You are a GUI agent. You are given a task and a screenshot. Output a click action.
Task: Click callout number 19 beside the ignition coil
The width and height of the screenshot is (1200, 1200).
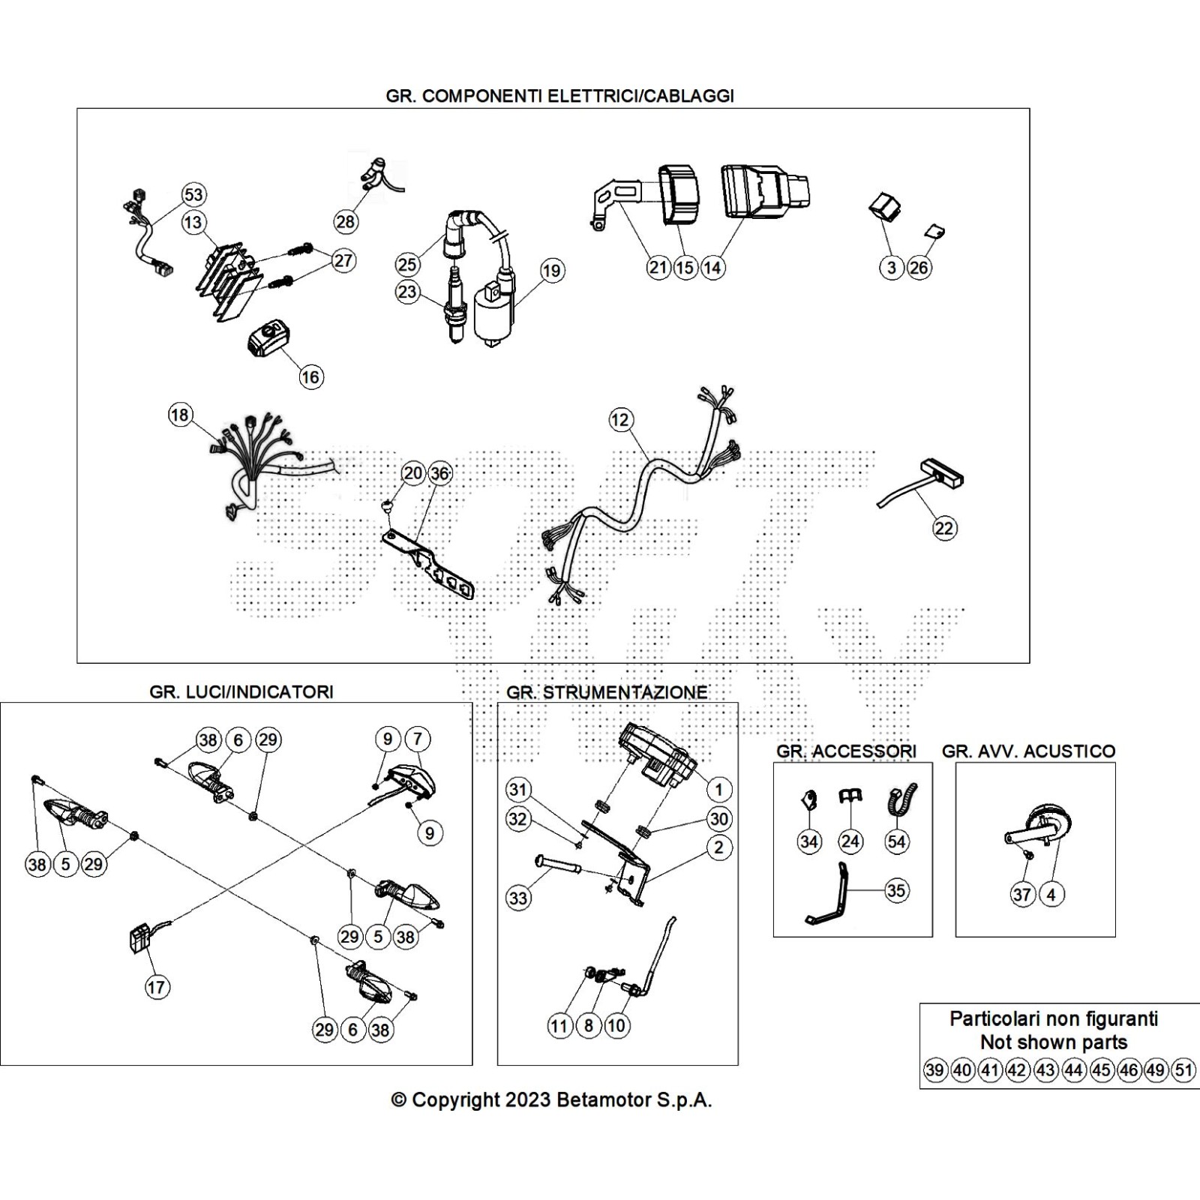[x=552, y=271]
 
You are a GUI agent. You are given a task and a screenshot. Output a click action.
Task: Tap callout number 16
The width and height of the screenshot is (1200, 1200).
[x=310, y=376]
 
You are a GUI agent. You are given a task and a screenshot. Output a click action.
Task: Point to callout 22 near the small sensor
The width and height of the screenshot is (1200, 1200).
[x=944, y=528]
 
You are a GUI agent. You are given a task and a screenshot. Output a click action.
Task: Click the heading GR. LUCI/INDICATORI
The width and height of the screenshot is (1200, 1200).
[x=241, y=691]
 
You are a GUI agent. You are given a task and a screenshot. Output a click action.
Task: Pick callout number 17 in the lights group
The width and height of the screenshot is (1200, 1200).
[x=156, y=987]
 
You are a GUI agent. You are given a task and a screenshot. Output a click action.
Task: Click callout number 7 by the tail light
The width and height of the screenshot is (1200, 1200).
[x=418, y=739]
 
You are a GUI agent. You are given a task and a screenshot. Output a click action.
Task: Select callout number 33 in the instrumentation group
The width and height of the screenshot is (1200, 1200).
[x=518, y=898]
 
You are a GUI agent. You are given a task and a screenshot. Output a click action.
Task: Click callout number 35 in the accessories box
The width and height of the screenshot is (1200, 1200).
[x=896, y=891]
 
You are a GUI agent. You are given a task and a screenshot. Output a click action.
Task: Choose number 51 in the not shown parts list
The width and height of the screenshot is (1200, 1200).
[x=1184, y=1070]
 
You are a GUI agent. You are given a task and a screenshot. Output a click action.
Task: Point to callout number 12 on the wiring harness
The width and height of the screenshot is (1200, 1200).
[x=620, y=419]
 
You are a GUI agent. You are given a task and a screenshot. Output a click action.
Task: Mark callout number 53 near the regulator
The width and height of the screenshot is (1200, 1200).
[x=193, y=195]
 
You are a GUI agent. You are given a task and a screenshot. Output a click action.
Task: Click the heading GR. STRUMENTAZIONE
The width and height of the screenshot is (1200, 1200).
[x=607, y=691]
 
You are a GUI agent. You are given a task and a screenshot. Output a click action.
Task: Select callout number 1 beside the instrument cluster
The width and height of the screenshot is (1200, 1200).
[x=718, y=789]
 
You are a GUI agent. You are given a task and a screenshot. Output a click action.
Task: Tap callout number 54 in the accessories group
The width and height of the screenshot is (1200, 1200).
[x=896, y=841]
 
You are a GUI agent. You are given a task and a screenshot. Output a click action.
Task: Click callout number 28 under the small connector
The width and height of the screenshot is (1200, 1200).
[x=346, y=221]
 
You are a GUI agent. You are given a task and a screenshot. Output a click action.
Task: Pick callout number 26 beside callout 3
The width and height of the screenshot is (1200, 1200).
[x=919, y=268]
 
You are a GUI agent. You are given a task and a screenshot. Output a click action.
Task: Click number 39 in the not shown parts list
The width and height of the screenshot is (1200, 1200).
[x=934, y=1070]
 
